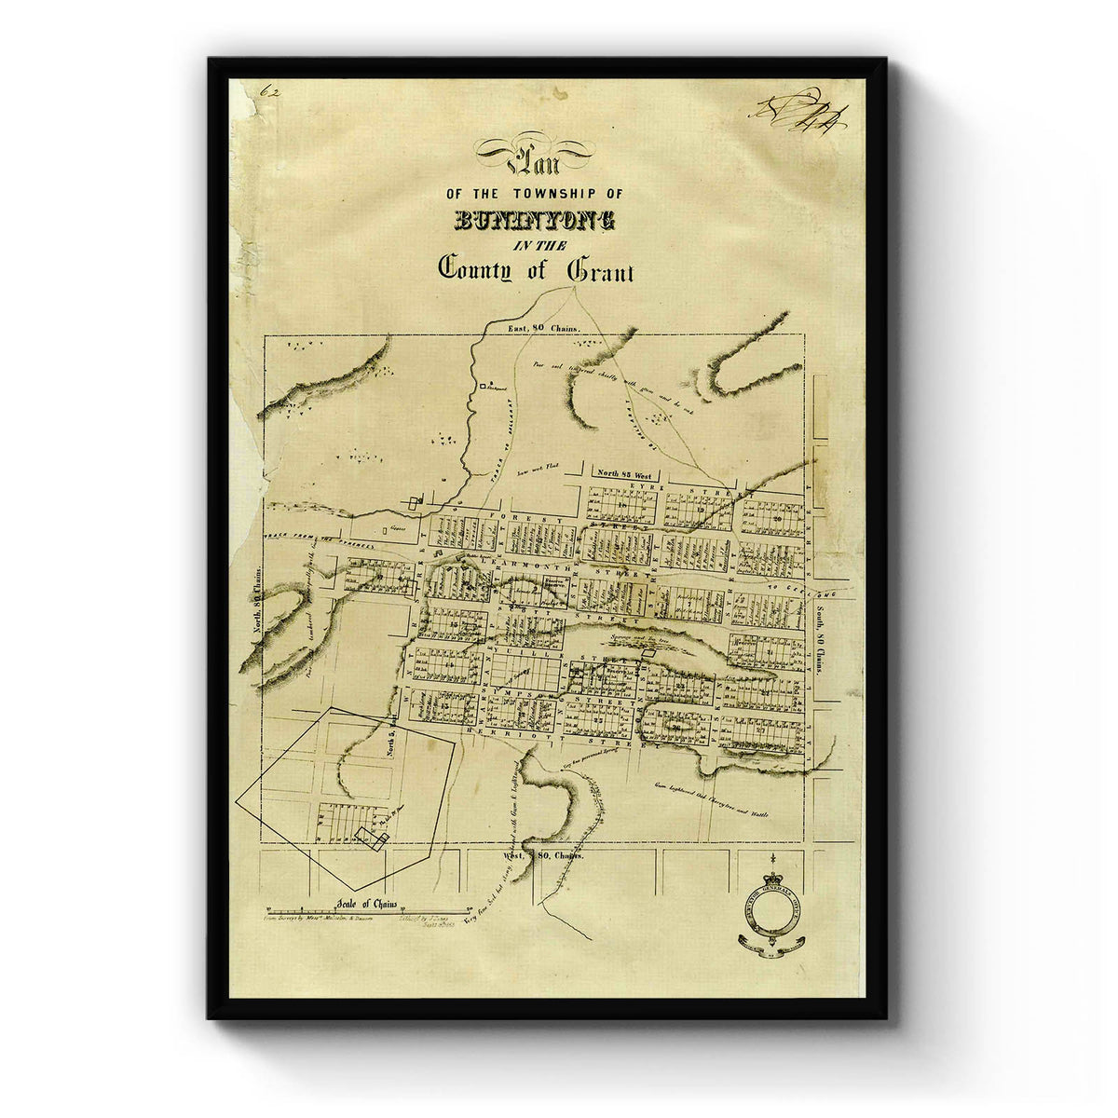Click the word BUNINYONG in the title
coord(535,221)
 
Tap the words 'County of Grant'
coord(536,270)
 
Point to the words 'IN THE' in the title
coord(536,244)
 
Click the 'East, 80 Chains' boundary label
coord(543,329)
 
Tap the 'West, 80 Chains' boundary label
coord(543,854)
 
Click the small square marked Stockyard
coord(483,384)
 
